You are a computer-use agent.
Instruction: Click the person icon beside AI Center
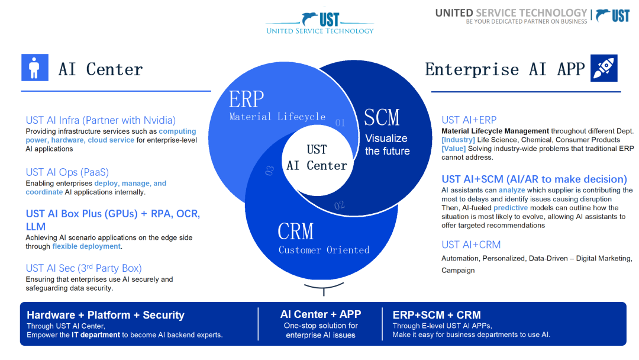35,67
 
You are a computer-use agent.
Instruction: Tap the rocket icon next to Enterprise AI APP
604,68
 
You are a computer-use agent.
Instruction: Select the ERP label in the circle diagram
247,99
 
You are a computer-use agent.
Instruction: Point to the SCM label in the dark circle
382,117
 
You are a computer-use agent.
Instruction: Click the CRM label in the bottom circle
296,231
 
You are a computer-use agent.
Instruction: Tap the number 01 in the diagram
340,123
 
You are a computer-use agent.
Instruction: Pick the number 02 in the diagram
339,205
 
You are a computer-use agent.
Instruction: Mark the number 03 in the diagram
270,171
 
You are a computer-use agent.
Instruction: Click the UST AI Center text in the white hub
317,157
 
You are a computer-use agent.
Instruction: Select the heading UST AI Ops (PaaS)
67,172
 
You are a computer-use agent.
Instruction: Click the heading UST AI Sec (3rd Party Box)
83,268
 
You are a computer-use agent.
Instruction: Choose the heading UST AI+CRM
471,245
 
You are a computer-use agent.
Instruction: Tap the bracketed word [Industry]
458,140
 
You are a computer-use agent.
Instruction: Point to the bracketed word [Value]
453,149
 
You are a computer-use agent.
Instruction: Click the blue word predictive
510,208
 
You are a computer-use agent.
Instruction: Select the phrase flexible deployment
86,246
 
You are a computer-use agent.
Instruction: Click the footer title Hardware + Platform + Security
105,315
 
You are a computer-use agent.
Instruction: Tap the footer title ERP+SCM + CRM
437,315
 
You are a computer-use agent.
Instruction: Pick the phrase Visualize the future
387,144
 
